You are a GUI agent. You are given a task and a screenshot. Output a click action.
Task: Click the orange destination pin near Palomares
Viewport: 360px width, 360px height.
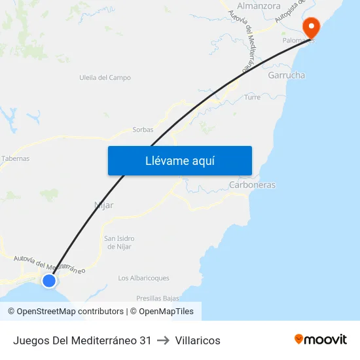pyautogui.click(x=310, y=27)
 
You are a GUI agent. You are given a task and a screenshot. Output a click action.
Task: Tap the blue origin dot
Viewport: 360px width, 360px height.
pyautogui.click(x=49, y=281)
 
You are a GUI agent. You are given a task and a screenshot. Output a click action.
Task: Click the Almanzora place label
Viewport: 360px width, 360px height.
pyautogui.click(x=259, y=6)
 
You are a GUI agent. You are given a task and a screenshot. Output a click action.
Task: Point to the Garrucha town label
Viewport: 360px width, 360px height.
pyautogui.click(x=287, y=75)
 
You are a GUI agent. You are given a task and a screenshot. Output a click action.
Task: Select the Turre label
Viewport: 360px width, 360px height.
pyautogui.click(x=252, y=97)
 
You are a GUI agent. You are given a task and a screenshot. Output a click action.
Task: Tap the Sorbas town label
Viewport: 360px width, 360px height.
pyautogui.click(x=143, y=130)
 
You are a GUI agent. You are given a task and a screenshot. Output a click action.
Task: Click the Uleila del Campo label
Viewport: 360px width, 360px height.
pyautogui.click(x=105, y=77)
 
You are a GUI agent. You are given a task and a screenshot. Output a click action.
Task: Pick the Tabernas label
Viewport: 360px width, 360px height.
pyautogui.click(x=15, y=158)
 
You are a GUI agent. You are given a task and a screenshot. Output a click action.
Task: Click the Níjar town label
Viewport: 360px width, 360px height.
pyautogui.click(x=104, y=205)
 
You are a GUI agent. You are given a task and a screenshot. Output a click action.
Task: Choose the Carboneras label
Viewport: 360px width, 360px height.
pyautogui.click(x=252, y=185)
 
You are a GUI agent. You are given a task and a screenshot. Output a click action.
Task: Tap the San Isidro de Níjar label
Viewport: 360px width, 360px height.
pyautogui.click(x=119, y=242)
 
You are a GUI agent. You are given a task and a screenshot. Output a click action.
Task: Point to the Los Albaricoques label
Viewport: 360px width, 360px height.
pyautogui.click(x=143, y=278)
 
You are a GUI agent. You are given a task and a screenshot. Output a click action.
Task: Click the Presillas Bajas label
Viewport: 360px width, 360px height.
pyautogui.click(x=158, y=298)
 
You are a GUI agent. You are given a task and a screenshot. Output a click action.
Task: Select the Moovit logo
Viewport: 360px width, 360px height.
pyautogui.click(x=321, y=339)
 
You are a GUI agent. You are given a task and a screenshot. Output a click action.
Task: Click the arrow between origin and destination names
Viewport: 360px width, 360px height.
pyautogui.click(x=163, y=340)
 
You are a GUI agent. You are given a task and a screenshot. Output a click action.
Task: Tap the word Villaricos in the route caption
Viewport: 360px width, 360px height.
pyautogui.click(x=198, y=340)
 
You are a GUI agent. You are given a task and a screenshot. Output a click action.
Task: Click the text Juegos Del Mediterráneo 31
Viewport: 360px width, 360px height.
pyautogui.click(x=82, y=340)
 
